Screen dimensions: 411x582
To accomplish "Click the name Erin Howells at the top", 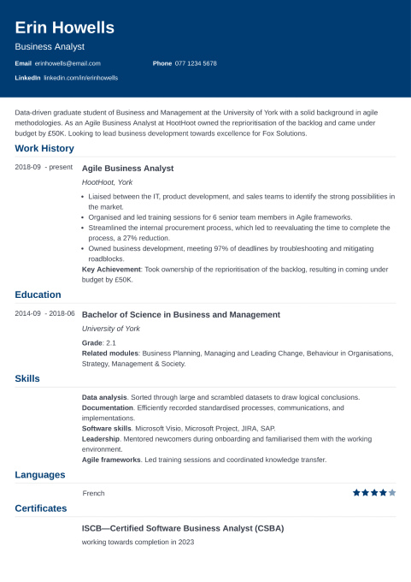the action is click(65, 28).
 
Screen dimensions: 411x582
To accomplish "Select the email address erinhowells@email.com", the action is click(68, 63).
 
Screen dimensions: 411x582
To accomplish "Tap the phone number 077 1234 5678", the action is click(196, 63).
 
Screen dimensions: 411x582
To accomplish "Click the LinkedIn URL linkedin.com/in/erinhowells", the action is click(80, 77).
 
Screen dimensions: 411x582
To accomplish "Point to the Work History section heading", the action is click(44, 148).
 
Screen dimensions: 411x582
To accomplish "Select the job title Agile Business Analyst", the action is click(127, 168).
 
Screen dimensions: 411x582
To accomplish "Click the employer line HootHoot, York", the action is click(107, 182).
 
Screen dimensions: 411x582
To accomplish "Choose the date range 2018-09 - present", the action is click(44, 168).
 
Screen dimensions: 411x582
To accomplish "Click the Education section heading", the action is click(38, 294).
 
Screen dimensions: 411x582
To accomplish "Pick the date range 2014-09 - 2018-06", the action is click(44, 314).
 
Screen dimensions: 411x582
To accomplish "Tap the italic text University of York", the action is click(111, 329).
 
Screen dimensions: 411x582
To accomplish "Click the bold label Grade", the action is click(92, 342).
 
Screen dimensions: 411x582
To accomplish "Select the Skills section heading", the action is click(27, 378).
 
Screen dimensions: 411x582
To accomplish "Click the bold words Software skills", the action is click(106, 428).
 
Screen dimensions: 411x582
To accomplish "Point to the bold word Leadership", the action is click(101, 438).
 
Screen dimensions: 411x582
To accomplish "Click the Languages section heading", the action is click(39, 475).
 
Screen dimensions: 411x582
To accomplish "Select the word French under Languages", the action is click(93, 493).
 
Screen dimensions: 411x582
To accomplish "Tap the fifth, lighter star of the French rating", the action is click(392, 492).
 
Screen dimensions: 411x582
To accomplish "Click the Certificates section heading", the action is click(40, 508).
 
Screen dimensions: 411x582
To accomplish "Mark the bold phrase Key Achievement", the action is click(111, 269).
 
